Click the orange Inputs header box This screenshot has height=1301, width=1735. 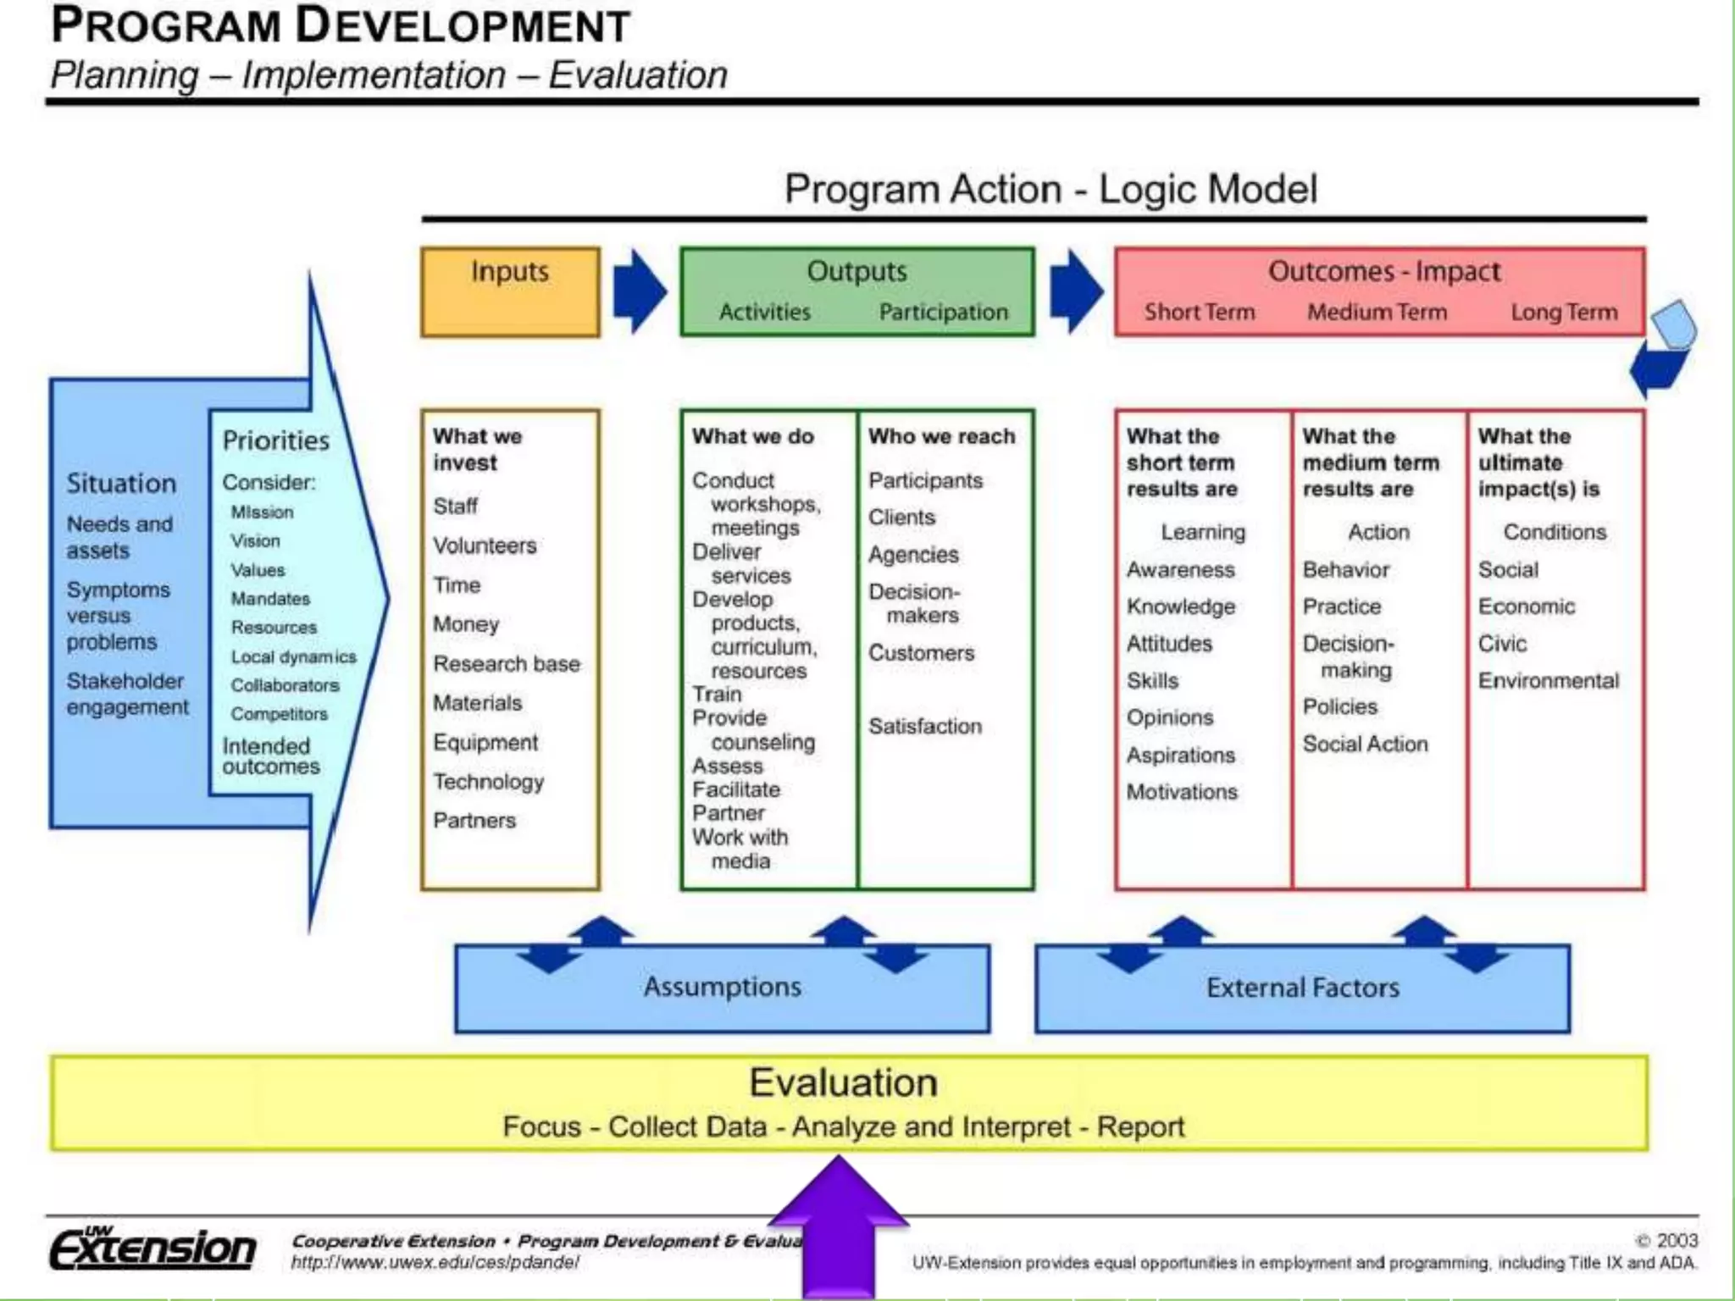[510, 291]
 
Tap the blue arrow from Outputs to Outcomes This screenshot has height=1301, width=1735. [1075, 291]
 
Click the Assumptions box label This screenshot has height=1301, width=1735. [722, 987]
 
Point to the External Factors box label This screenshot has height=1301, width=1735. [1302, 988]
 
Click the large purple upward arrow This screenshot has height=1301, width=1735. [839, 1228]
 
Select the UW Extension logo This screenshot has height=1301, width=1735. [152, 1248]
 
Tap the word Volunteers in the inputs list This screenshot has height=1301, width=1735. [485, 545]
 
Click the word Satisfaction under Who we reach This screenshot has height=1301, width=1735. [925, 726]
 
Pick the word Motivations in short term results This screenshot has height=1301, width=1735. [1182, 792]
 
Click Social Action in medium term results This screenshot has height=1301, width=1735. [1365, 744]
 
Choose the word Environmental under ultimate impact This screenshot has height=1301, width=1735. [1548, 680]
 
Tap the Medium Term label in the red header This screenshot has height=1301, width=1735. [1377, 312]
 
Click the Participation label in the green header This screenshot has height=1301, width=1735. [943, 312]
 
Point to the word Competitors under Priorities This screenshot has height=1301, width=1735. [279, 714]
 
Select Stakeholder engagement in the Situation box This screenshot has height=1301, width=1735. [127, 694]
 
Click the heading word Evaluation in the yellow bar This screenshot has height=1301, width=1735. [843, 1082]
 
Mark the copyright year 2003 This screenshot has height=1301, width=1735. [1677, 1241]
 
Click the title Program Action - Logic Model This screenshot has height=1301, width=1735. [1050, 189]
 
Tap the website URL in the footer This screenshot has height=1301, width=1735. [435, 1262]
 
